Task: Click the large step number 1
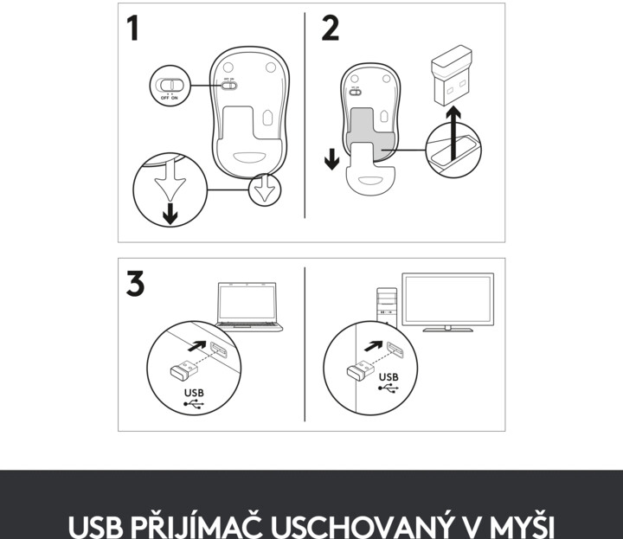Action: tap(133, 28)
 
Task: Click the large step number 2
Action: tap(331, 28)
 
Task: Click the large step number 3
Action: tap(135, 283)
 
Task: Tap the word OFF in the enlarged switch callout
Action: tap(165, 98)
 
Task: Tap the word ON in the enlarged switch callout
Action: tap(175, 98)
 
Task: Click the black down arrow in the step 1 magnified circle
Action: tap(170, 214)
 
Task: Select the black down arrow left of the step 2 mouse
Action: tap(331, 160)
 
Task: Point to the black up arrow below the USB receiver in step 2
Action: tap(453, 134)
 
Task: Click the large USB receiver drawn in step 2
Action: tap(452, 75)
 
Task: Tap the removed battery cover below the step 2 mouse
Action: tap(371, 170)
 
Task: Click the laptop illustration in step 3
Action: tap(248, 307)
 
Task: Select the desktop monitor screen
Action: tap(448, 298)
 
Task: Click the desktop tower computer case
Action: tap(387, 306)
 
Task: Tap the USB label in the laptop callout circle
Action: tap(194, 393)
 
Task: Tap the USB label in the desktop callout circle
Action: tap(389, 377)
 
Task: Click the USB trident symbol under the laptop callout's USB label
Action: tap(194, 404)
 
